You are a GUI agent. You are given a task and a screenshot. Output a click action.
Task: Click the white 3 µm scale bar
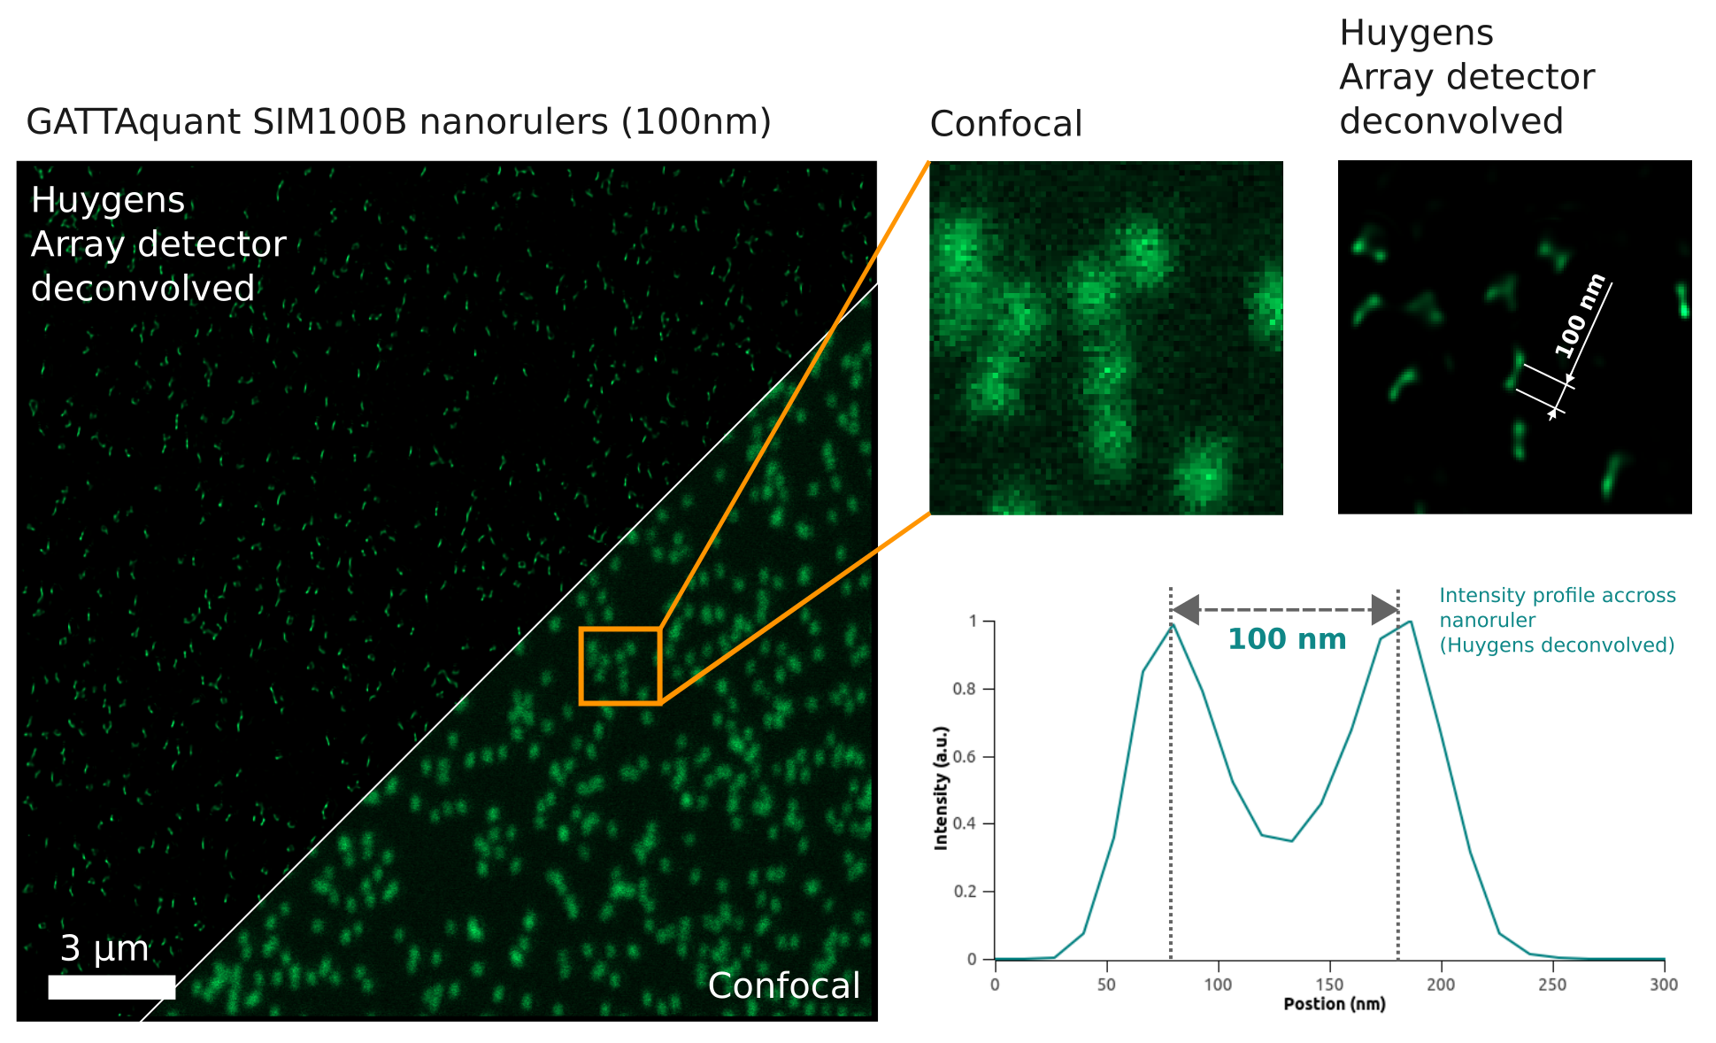pyautogui.click(x=112, y=987)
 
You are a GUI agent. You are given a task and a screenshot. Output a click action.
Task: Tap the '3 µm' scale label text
pyautogui.click(x=104, y=949)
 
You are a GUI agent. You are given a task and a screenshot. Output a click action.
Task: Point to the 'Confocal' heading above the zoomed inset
pyautogui.click(x=1005, y=124)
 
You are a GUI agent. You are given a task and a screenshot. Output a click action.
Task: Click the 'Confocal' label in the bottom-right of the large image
pyautogui.click(x=783, y=986)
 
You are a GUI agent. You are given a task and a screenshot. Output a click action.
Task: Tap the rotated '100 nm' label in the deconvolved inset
pyautogui.click(x=1580, y=316)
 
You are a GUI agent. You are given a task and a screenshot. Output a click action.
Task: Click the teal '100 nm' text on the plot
pyautogui.click(x=1287, y=639)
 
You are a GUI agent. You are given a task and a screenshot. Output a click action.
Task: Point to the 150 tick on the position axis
pyautogui.click(x=1329, y=985)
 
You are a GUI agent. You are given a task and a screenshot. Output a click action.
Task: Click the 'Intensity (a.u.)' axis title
pyautogui.click(x=941, y=788)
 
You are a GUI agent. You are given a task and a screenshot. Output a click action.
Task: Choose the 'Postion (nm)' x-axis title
pyautogui.click(x=1335, y=1004)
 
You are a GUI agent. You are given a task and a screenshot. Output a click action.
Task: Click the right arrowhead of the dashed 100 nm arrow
pyautogui.click(x=1385, y=609)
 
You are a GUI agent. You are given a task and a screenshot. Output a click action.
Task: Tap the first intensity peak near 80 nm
pyautogui.click(x=1173, y=624)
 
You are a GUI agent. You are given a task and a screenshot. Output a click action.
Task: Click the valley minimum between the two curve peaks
pyautogui.click(x=1292, y=840)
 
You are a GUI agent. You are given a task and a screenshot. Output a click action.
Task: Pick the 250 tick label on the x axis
pyautogui.click(x=1552, y=985)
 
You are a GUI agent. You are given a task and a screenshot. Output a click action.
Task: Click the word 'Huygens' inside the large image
pyautogui.click(x=108, y=201)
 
